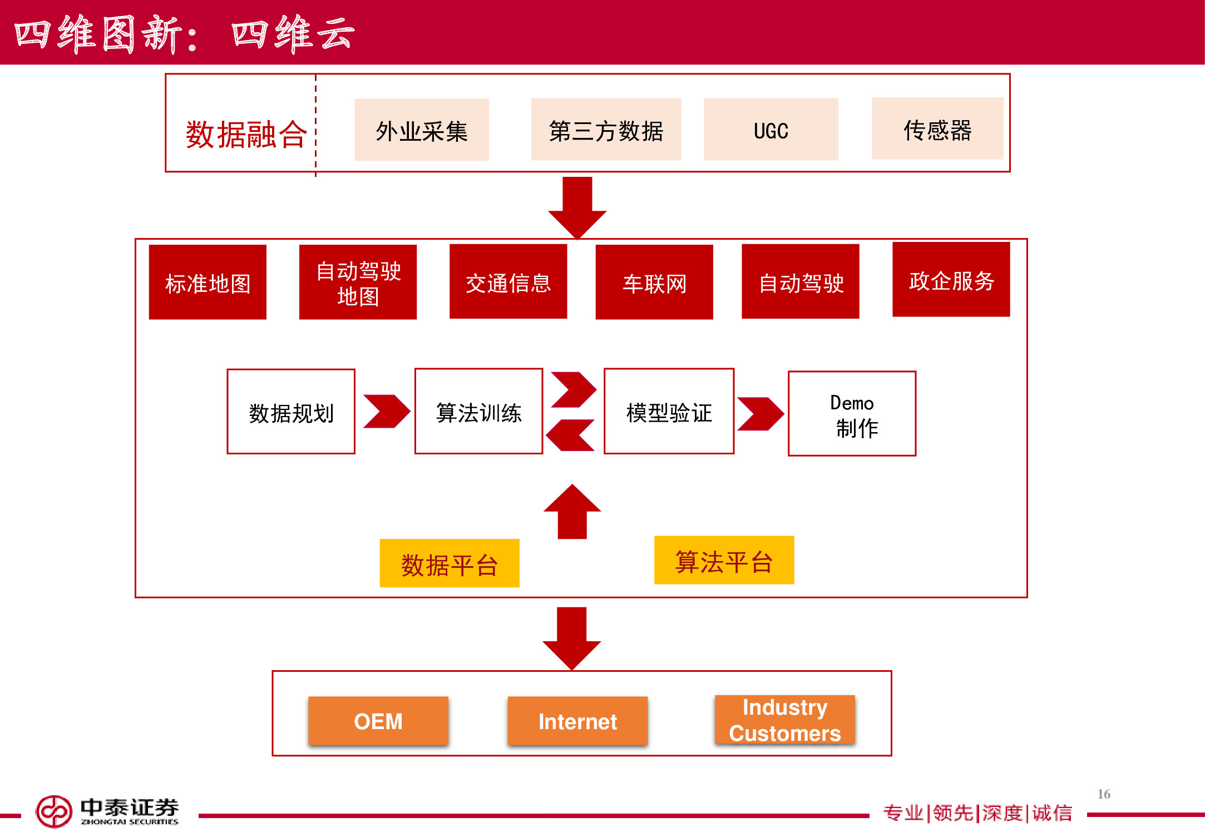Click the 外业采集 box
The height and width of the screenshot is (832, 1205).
[422, 130]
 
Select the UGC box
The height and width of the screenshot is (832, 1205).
[771, 130]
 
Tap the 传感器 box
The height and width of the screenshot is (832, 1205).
[937, 129]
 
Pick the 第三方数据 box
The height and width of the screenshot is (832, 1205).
[606, 130]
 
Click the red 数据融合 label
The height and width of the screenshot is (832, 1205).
[245, 134]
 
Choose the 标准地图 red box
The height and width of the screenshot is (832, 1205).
[208, 282]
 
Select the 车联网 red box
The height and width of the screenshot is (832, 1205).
[654, 282]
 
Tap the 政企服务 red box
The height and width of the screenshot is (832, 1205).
[951, 279]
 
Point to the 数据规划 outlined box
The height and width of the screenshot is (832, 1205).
[291, 412]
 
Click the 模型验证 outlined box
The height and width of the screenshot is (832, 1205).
[669, 412]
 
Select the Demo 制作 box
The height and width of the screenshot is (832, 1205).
[852, 414]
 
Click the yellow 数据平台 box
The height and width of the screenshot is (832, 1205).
[450, 563]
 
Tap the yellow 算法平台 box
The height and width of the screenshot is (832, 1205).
[724, 560]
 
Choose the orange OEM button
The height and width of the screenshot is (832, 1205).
[378, 721]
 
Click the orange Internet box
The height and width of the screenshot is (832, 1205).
[577, 721]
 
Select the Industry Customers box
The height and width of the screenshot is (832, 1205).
[784, 720]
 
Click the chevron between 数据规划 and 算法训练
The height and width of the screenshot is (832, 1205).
[386, 412]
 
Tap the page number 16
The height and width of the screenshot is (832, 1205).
[1104, 794]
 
